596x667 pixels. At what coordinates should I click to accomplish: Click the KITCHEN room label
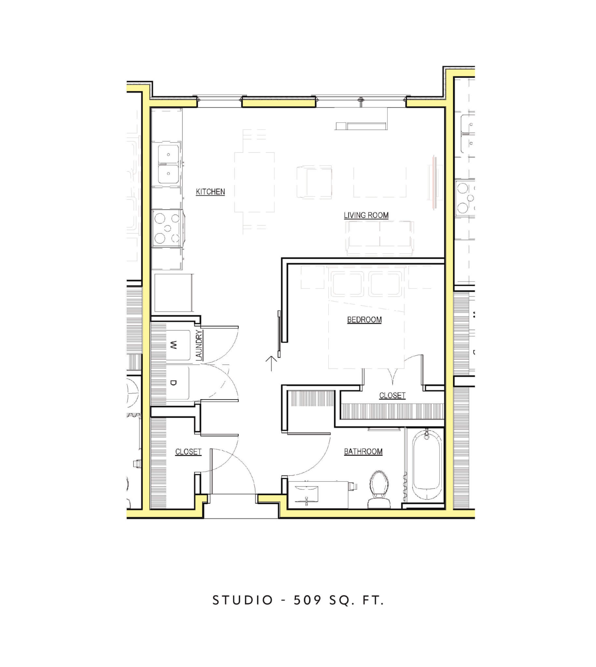(x=210, y=192)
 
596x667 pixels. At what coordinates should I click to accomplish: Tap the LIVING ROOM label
(x=366, y=215)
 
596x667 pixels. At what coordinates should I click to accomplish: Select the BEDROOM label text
(x=364, y=319)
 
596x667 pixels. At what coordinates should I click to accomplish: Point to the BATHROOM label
(x=363, y=451)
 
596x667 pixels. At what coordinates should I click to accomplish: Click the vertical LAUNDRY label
(x=199, y=346)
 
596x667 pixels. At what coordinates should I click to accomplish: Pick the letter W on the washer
(x=174, y=345)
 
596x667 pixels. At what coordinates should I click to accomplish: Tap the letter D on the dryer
(x=174, y=382)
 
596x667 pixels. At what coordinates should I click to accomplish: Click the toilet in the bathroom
(x=379, y=490)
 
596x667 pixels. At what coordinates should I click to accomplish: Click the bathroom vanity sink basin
(x=306, y=494)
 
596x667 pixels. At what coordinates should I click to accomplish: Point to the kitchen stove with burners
(x=167, y=228)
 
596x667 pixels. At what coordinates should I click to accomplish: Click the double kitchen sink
(x=168, y=164)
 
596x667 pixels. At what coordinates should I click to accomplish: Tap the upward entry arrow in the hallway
(x=271, y=363)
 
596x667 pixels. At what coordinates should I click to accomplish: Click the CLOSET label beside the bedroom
(x=392, y=396)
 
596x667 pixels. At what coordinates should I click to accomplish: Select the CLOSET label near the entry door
(x=188, y=452)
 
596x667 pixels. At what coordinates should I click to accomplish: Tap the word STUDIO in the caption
(x=243, y=600)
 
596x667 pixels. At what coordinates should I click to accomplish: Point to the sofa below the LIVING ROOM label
(x=380, y=238)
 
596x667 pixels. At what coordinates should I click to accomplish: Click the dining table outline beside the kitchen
(x=254, y=182)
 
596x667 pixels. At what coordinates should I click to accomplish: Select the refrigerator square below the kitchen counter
(x=173, y=293)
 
